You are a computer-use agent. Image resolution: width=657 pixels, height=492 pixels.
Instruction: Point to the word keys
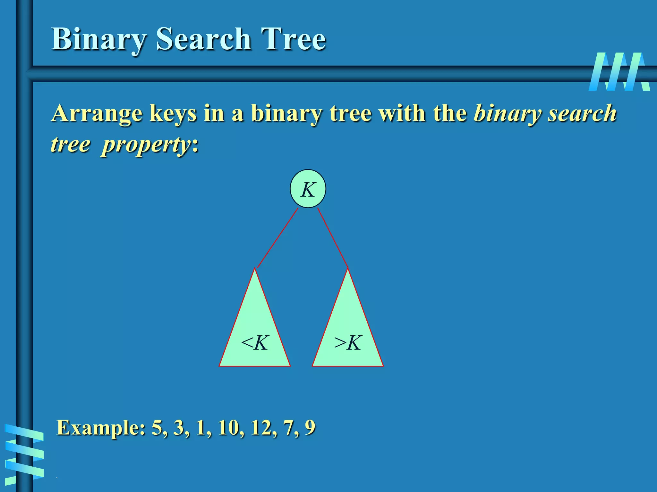tap(173, 114)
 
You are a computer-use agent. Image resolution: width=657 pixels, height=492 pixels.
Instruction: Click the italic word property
tap(146, 145)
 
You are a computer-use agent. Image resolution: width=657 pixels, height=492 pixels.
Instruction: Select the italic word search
tap(582, 113)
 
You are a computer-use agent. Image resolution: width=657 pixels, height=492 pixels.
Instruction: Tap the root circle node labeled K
tap(308, 189)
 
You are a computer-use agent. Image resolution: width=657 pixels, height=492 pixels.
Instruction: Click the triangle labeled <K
tap(255, 333)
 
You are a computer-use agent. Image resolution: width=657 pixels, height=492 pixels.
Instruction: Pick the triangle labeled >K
tap(348, 333)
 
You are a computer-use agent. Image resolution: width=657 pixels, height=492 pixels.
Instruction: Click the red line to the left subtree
tap(278, 238)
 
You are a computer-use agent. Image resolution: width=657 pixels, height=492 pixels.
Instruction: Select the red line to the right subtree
tap(333, 238)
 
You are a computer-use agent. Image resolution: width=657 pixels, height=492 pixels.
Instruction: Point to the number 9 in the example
tap(310, 428)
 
